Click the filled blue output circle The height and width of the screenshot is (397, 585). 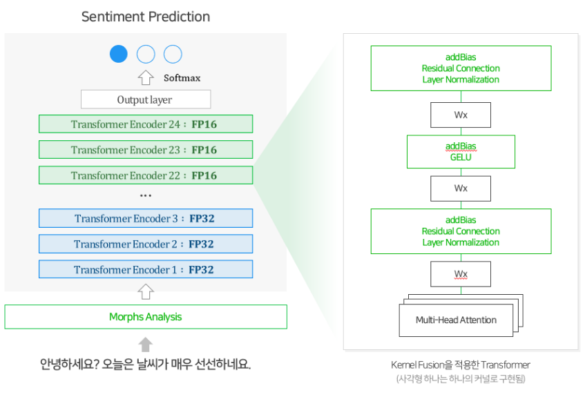119,54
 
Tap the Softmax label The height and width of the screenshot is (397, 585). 182,77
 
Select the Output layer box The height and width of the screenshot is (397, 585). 146,99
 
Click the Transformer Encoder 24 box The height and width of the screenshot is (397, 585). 146,124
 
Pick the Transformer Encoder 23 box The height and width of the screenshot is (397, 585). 146,150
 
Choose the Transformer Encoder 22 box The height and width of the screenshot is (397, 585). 146,175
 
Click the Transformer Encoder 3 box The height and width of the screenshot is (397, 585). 146,218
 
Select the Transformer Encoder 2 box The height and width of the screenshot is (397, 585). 146,244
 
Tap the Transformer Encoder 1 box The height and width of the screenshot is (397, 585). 146,269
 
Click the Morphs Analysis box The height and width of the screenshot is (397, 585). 146,317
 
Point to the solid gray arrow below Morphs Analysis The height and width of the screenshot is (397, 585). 146,345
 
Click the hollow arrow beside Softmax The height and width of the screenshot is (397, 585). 146,77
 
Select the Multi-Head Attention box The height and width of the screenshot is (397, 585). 456,320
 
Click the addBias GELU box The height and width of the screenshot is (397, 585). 461,151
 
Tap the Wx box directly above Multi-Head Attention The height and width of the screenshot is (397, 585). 461,274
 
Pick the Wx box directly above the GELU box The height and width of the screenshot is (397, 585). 461,115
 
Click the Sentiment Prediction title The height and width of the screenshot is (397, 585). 146,17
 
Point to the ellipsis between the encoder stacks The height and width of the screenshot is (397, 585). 146,195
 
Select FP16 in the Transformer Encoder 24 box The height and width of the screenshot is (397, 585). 204,124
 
